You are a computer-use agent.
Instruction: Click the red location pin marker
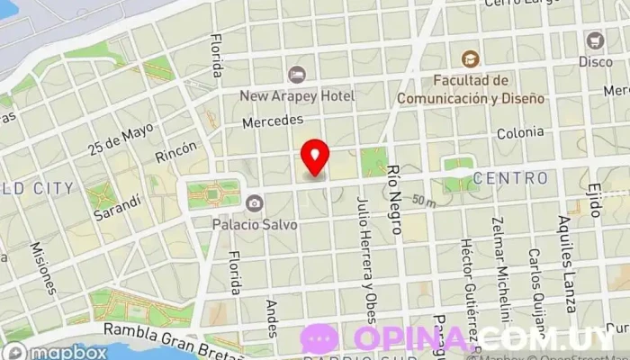(314, 157)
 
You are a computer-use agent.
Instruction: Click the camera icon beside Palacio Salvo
(255, 202)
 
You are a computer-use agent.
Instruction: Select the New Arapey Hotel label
(297, 94)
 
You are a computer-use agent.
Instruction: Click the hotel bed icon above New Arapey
(296, 75)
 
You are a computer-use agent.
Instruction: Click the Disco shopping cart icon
(594, 40)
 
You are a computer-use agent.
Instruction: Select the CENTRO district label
(509, 178)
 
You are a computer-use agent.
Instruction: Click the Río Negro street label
(393, 198)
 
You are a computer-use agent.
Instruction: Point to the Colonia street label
(521, 133)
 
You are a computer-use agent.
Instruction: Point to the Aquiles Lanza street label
(566, 244)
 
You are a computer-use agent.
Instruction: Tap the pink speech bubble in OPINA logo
(319, 337)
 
